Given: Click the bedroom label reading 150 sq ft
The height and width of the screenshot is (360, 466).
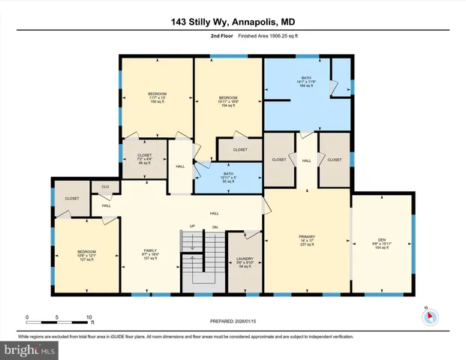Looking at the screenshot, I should pyautogui.click(x=157, y=97).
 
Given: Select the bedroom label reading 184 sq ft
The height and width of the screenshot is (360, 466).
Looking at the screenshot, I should pyautogui.click(x=227, y=102).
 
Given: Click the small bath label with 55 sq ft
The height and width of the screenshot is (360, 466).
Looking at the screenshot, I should pyautogui.click(x=227, y=177).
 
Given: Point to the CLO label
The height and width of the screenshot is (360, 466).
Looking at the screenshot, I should pyautogui.click(x=105, y=187).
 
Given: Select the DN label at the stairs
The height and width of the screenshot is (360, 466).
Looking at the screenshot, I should pyautogui.click(x=215, y=226).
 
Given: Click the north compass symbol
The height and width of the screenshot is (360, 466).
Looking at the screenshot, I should pyautogui.click(x=430, y=317).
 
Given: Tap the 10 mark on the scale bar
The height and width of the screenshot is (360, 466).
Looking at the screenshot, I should pyautogui.click(x=90, y=317).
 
